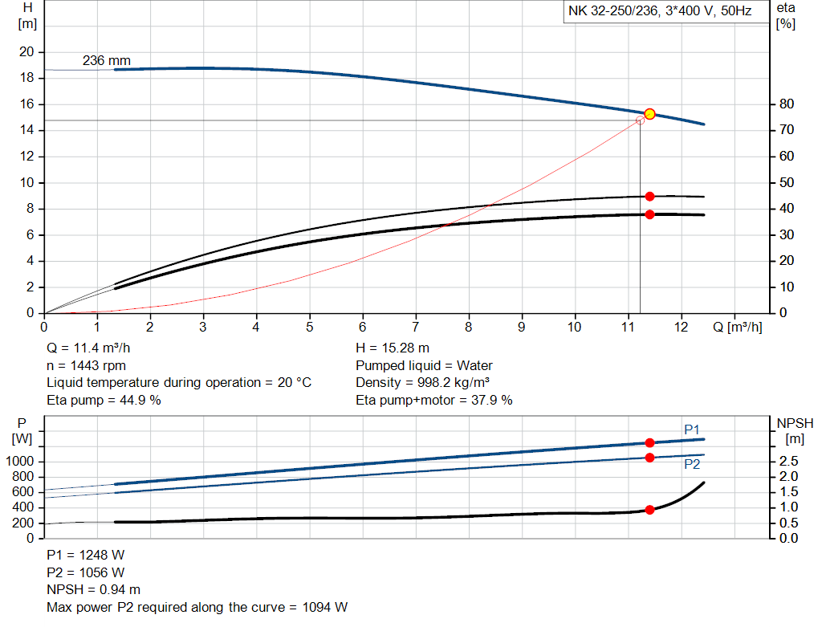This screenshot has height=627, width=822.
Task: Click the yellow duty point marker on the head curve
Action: [649, 114]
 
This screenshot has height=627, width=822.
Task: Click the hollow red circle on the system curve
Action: [640, 120]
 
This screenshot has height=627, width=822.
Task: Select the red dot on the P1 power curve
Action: [649, 443]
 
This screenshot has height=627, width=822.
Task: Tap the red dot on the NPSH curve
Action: [649, 510]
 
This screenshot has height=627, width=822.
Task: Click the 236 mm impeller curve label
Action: [106, 61]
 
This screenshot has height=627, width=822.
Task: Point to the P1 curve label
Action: [692, 430]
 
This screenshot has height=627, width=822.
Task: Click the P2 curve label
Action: [692, 464]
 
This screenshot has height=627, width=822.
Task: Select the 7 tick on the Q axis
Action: [415, 328]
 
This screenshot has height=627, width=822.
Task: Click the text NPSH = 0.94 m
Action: [95, 589]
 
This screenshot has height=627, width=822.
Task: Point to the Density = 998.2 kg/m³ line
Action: [423, 382]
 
